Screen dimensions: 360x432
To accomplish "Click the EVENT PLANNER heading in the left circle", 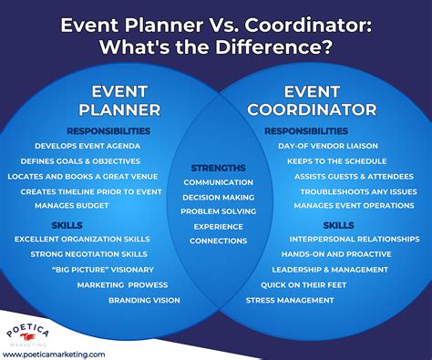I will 126,101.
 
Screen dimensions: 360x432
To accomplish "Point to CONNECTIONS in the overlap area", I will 218,241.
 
